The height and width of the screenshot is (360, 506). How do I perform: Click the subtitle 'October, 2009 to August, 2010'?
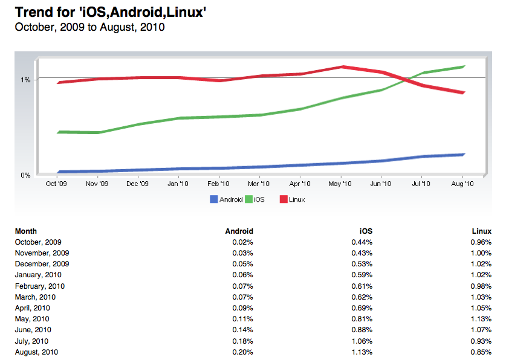click(90, 27)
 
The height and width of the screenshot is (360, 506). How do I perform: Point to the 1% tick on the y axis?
click(25, 80)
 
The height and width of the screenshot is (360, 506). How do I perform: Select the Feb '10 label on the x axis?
click(218, 184)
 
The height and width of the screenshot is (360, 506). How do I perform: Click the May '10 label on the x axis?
click(340, 184)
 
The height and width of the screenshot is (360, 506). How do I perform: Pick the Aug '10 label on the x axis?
click(462, 184)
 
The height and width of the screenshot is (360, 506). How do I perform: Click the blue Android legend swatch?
click(213, 199)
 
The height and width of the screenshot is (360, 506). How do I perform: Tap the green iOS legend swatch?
click(249, 199)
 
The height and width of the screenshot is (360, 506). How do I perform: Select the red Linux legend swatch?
click(284, 199)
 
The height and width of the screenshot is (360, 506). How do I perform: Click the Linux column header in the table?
click(481, 231)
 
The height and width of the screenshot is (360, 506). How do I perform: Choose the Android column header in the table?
click(239, 231)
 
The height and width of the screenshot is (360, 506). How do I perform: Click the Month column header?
click(26, 231)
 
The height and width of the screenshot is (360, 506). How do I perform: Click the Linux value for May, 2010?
click(482, 319)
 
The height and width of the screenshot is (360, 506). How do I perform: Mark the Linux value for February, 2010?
click(482, 286)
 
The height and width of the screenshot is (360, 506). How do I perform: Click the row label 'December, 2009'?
click(42, 264)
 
